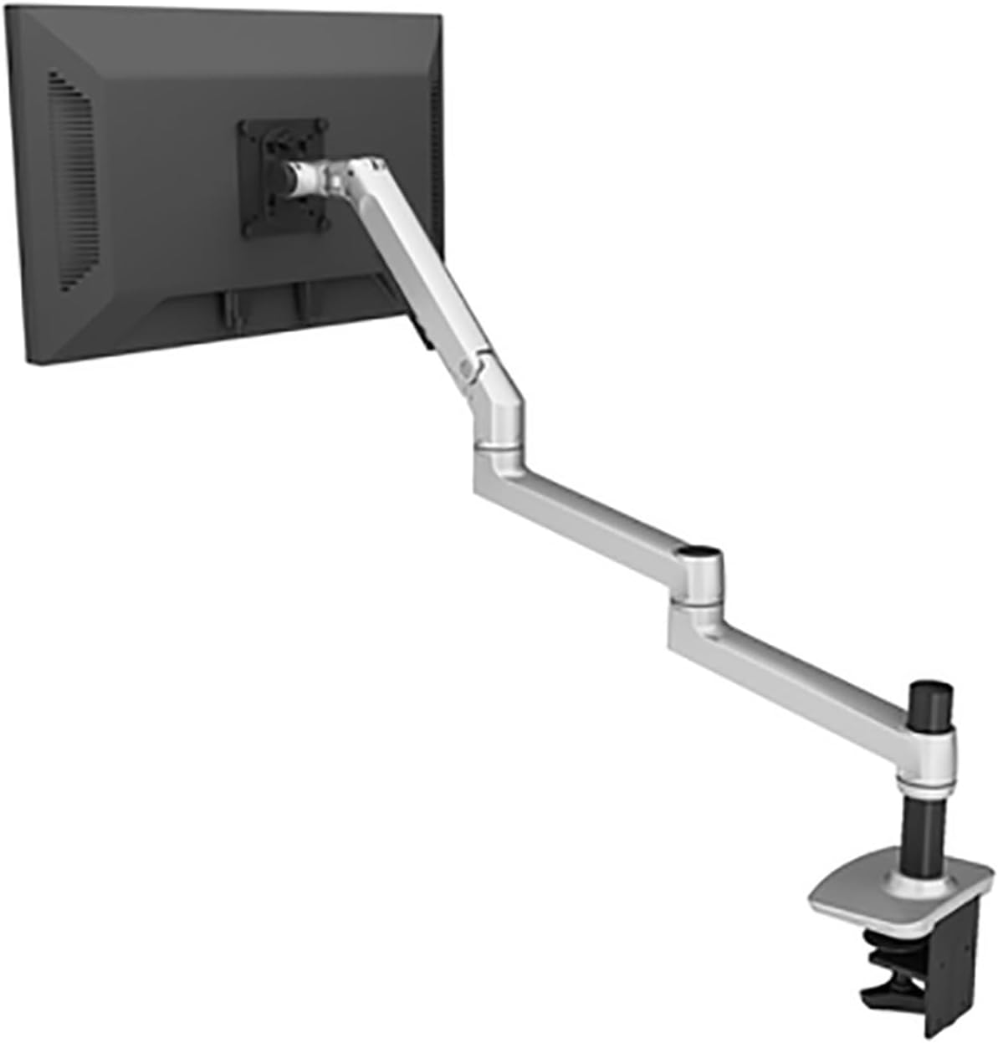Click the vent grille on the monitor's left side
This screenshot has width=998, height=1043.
click(74, 180)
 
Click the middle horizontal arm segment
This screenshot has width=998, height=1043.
click(586, 515)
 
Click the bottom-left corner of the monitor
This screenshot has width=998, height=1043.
click(30, 361)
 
